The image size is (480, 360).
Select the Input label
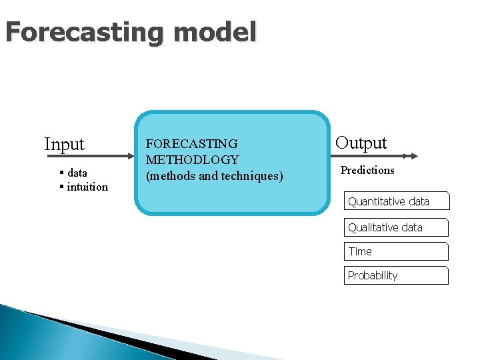pyautogui.click(x=64, y=144)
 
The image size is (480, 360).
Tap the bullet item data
pyautogui.click(x=77, y=173)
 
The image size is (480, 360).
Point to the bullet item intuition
pyautogui.click(x=87, y=187)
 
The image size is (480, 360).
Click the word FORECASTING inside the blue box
pyautogui.click(x=191, y=143)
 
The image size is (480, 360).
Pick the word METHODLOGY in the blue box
pyautogui.click(x=192, y=160)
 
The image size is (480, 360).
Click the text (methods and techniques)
pyautogui.click(x=214, y=176)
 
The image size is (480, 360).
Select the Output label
pyautogui.click(x=361, y=143)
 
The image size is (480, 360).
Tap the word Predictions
pyautogui.click(x=367, y=170)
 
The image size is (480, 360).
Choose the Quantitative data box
pyautogui.click(x=397, y=201)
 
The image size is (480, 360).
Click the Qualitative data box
pyautogui.click(x=396, y=227)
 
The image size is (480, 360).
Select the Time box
pyautogui.click(x=396, y=251)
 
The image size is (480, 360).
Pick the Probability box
pyautogui.click(x=396, y=275)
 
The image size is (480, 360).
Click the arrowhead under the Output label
pyautogui.click(x=413, y=156)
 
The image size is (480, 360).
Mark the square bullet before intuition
pyautogui.click(x=61, y=187)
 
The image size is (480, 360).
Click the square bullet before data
pyautogui.click(x=61, y=173)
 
